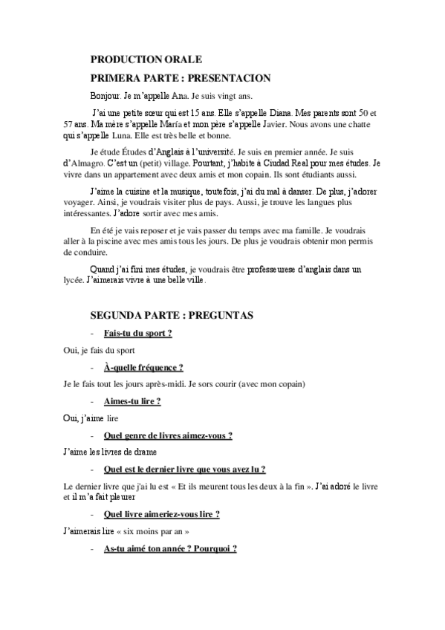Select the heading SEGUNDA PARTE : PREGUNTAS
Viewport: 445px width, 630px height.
point(172,315)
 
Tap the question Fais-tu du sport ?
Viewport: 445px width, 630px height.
point(138,333)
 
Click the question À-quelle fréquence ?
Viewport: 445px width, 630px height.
point(143,367)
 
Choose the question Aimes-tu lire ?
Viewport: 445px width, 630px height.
point(132,401)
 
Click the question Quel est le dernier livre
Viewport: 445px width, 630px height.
point(185,469)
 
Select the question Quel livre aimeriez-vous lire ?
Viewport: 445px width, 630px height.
point(161,513)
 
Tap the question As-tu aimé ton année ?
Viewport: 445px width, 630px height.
point(170,548)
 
